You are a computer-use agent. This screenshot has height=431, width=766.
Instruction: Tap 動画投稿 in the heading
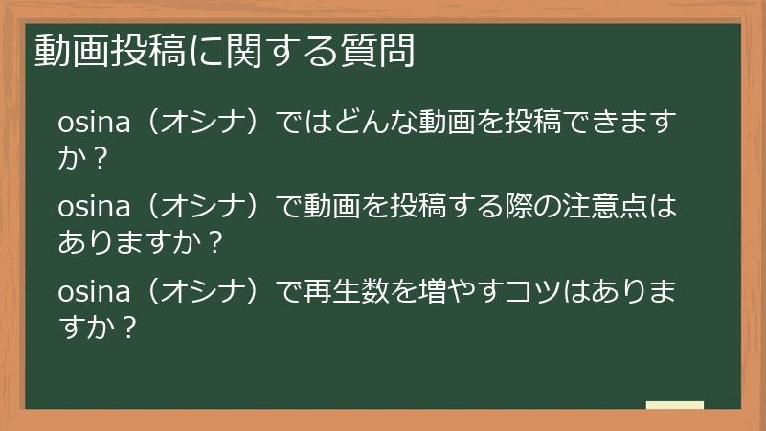103,51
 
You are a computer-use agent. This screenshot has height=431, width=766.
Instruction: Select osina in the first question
91,123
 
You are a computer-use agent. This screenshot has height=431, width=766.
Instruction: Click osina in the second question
91,206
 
